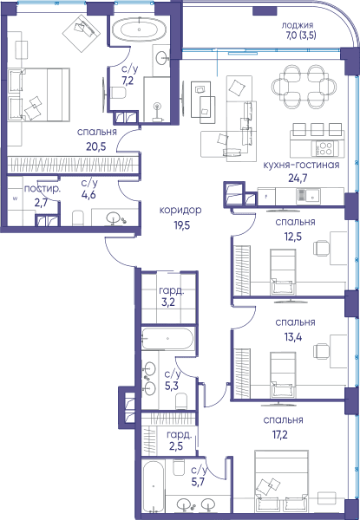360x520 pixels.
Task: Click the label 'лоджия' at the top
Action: point(298,25)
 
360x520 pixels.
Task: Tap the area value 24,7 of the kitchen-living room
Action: point(298,179)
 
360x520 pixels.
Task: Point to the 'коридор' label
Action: point(180,211)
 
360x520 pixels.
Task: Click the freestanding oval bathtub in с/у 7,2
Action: point(139,29)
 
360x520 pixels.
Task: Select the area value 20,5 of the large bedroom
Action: point(96,146)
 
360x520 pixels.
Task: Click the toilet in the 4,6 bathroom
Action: point(79,218)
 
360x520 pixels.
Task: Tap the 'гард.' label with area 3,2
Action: point(172,291)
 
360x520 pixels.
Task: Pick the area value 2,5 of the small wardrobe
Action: point(176,446)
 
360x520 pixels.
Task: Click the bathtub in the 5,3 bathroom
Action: point(167,338)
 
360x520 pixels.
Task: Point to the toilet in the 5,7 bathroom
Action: point(180,469)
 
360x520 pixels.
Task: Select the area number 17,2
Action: point(280,435)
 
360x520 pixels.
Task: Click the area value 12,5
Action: point(293,237)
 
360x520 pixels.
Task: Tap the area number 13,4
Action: point(293,337)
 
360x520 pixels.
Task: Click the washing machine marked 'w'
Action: point(15,199)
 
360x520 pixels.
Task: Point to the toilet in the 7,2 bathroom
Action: point(118,93)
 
